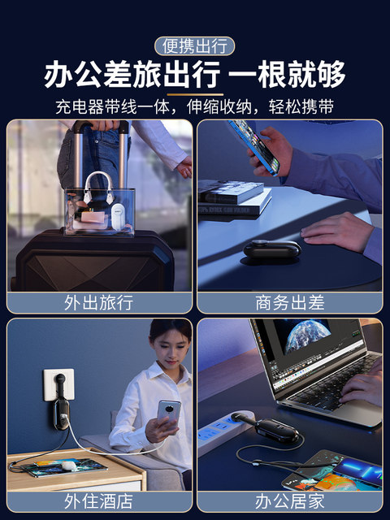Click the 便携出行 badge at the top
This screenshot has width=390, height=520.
click(x=195, y=46)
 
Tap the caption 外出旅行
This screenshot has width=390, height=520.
click(x=99, y=302)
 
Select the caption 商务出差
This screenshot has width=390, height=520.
click(x=289, y=302)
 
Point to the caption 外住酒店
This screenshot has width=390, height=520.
click(x=99, y=501)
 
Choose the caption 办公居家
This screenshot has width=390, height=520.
click(x=289, y=501)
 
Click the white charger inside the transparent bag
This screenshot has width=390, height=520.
click(x=118, y=217)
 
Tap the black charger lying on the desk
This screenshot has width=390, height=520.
click(x=272, y=249)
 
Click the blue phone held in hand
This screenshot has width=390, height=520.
click(x=254, y=147)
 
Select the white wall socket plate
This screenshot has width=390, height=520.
click(x=58, y=384)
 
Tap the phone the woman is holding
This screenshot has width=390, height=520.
click(x=169, y=414)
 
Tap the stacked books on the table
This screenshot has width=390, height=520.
click(x=234, y=197)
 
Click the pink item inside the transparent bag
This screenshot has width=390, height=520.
click(x=93, y=217)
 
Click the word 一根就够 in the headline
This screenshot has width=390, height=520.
click(x=287, y=74)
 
